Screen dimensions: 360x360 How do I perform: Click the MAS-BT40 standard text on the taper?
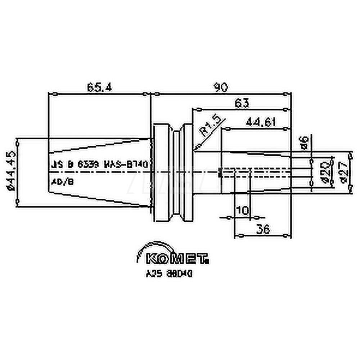(x=125, y=165)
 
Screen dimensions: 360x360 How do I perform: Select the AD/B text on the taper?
(x=62, y=182)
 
